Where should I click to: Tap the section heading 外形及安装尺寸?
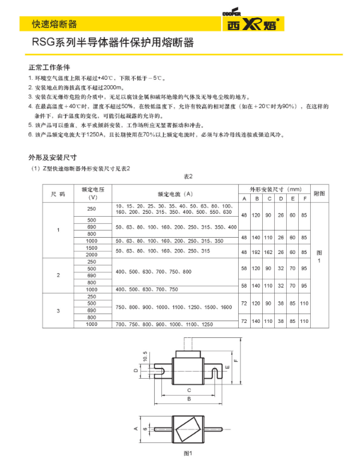[x=52, y=157]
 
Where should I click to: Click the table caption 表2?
[x=187, y=176]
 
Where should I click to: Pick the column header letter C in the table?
[x=270, y=199]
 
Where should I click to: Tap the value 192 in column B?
[x=257, y=252]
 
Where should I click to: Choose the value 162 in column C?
[x=270, y=252]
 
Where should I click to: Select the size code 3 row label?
[x=58, y=311]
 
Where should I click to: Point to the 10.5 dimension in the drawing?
[x=145, y=357]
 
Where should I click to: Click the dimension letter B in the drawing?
[x=189, y=398]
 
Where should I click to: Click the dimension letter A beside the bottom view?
[x=136, y=429]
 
